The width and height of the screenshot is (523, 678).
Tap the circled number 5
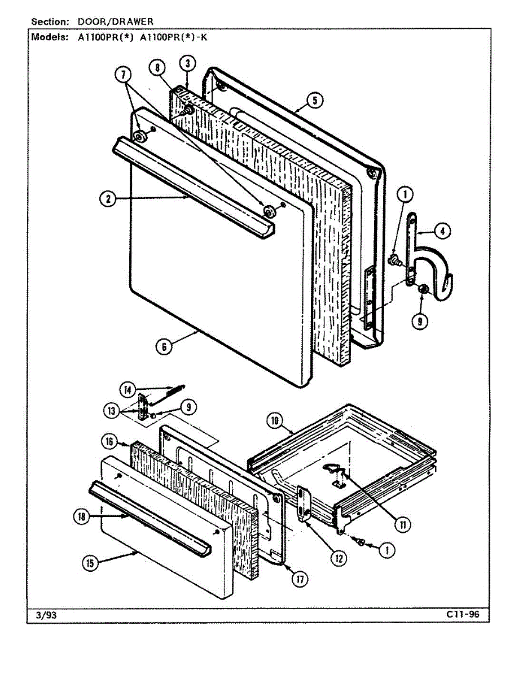coord(315,100)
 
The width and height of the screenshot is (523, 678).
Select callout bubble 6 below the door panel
coord(164,346)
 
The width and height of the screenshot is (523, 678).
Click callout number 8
coord(157,67)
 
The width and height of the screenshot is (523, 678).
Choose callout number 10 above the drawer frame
coord(274,421)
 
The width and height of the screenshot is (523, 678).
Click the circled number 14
coord(128,389)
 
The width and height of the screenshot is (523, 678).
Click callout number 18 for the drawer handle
coord(82,516)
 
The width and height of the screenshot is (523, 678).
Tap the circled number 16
coord(109,441)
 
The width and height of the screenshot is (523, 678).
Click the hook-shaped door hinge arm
coord(434,266)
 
